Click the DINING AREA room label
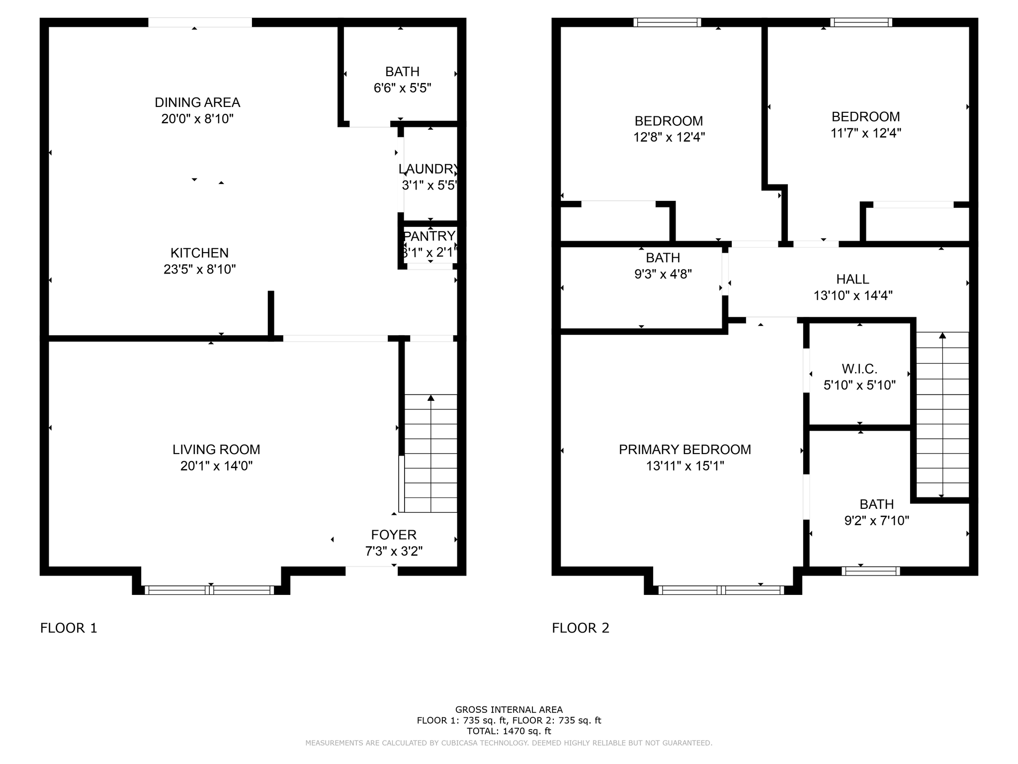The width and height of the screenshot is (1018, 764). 197,102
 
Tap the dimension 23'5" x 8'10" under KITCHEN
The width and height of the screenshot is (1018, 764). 199,270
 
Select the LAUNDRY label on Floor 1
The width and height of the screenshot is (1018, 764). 428,169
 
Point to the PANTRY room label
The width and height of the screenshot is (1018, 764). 429,236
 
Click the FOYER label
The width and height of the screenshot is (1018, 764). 394,535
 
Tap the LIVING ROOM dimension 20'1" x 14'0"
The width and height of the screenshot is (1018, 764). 216,466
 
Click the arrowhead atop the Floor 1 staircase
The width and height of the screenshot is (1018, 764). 431,398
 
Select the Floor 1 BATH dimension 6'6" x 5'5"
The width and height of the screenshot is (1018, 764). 402,89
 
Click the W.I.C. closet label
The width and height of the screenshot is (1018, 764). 859,369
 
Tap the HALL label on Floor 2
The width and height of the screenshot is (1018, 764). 852,279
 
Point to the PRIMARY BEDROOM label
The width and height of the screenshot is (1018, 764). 684,450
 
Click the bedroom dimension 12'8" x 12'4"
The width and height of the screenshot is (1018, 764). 669,137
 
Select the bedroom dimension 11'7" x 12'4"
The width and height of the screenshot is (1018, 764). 865,133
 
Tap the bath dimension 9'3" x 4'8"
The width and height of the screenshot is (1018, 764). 663,274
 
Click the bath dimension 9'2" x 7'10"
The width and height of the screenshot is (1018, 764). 876,521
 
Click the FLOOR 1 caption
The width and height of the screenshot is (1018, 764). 69,628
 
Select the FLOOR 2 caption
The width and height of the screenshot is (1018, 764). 580,628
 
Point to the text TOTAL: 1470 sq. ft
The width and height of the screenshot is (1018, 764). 509,731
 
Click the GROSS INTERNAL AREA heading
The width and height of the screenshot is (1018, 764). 509,710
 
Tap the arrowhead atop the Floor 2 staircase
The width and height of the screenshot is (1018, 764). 942,335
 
